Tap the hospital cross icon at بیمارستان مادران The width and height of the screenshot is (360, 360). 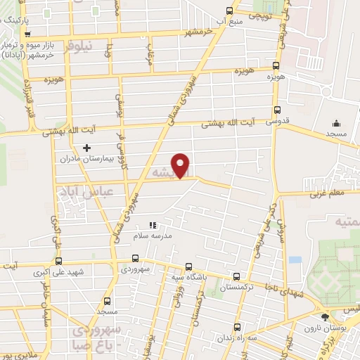tap(86, 148)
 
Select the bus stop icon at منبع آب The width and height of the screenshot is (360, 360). tap(229, 11)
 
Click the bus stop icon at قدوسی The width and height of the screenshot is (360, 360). tap(276, 110)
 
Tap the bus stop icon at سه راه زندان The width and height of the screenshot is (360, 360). tap(237, 327)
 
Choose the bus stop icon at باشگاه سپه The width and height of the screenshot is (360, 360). tap(188, 266)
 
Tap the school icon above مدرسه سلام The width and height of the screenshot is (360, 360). tap(153, 226)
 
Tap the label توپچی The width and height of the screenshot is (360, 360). tap(256, 15)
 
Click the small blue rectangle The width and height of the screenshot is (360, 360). tap(295, 259)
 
